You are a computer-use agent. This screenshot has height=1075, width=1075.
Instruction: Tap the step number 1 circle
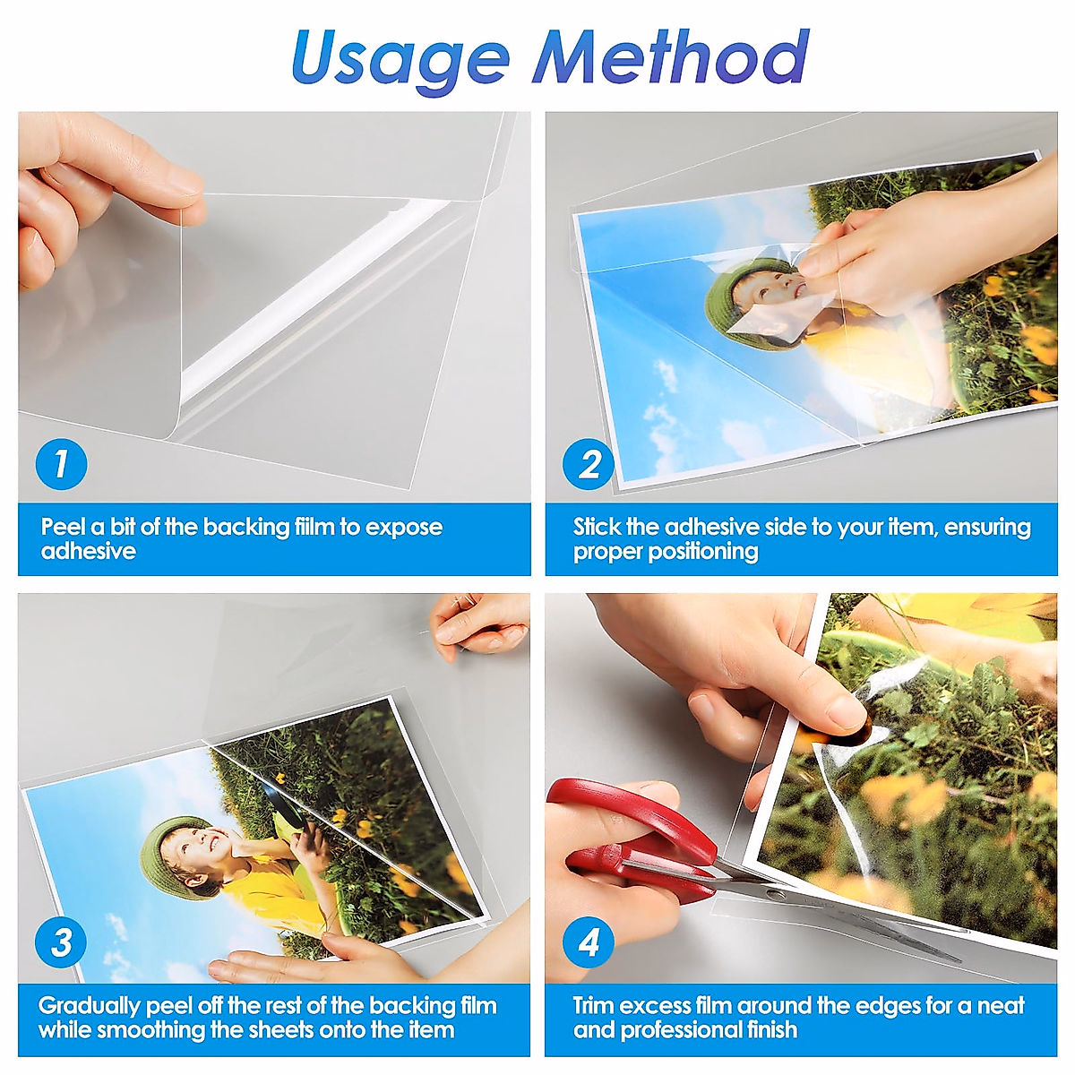point(61,464)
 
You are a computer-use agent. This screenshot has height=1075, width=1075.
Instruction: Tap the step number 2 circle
point(589,464)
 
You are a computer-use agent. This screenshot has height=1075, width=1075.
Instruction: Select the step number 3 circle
point(61,942)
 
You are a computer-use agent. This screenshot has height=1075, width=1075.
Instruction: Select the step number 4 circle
point(589,942)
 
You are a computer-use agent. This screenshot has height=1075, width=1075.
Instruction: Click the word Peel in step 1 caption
point(64,527)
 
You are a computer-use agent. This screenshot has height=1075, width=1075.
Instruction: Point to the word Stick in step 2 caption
point(598,527)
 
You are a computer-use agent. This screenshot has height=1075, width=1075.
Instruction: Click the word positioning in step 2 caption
point(702,551)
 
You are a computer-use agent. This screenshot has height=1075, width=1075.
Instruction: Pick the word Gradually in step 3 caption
point(89,1006)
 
